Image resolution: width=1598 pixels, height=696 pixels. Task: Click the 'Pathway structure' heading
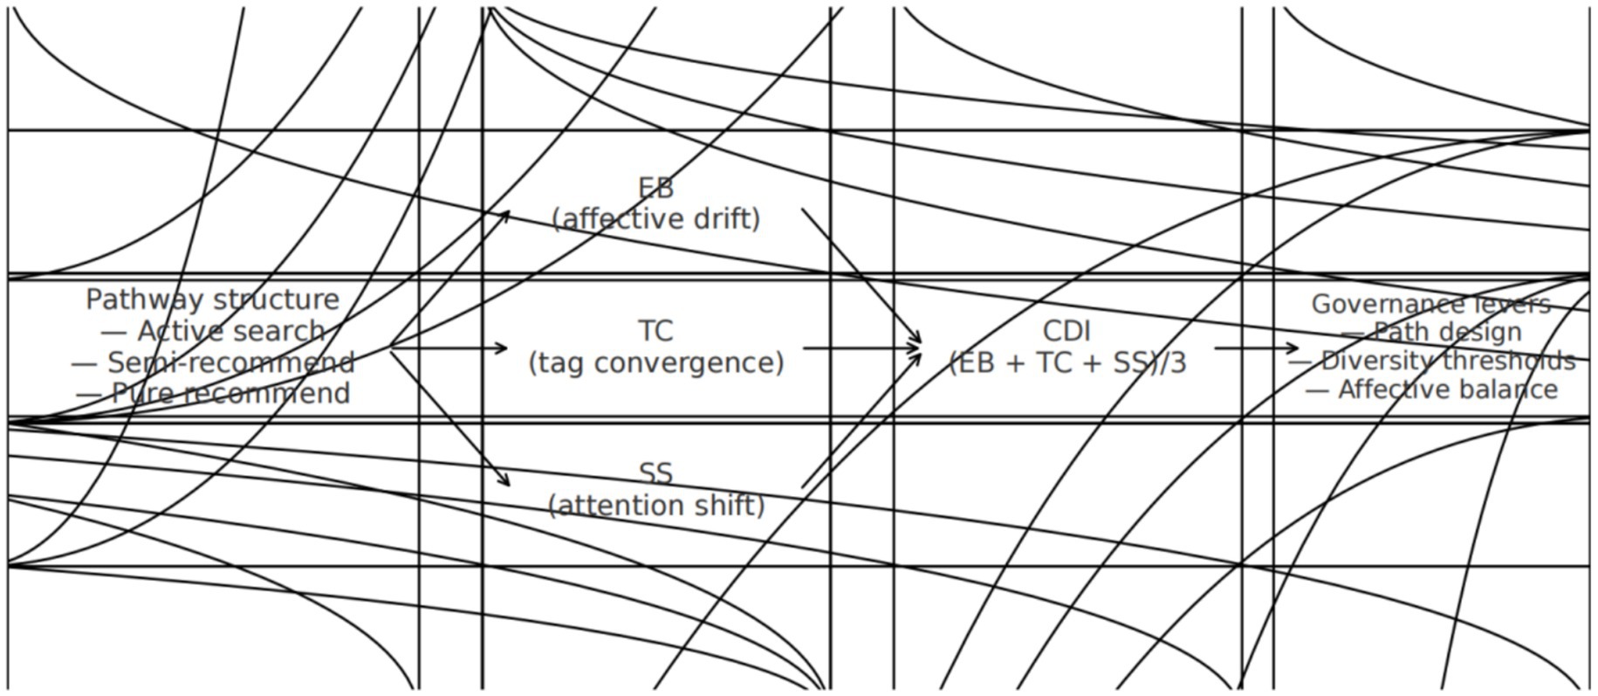pyautogui.click(x=212, y=300)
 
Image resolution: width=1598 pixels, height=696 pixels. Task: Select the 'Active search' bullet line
pyautogui.click(x=213, y=331)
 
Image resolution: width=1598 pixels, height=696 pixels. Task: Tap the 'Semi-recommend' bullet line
pyautogui.click(x=213, y=362)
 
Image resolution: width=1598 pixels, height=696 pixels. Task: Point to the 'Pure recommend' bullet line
pyautogui.click(x=213, y=393)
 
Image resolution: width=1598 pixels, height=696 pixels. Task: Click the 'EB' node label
pyautogui.click(x=655, y=188)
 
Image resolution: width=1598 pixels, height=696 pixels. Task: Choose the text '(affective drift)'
pyautogui.click(x=655, y=218)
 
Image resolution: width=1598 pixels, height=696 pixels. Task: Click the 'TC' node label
pyautogui.click(x=655, y=331)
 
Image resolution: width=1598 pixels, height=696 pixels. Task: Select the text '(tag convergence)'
pyautogui.click(x=655, y=362)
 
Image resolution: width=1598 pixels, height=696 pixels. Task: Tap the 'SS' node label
pyautogui.click(x=655, y=473)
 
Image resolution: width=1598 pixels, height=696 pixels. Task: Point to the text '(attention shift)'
pyautogui.click(x=655, y=505)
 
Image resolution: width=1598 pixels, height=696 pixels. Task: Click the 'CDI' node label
pyautogui.click(x=1066, y=331)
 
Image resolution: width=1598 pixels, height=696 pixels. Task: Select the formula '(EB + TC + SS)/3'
pyautogui.click(x=1066, y=362)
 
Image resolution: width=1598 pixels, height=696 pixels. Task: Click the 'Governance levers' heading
pyautogui.click(x=1430, y=304)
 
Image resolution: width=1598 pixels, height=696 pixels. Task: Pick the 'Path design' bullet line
pyautogui.click(x=1430, y=332)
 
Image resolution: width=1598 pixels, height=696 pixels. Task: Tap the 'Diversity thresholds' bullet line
pyautogui.click(x=1430, y=361)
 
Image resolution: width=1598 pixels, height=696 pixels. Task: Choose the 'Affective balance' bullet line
pyautogui.click(x=1430, y=389)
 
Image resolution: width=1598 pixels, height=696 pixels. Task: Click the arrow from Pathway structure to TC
pyautogui.click(x=449, y=348)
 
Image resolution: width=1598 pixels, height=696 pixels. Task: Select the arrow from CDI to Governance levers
pyautogui.click(x=1256, y=348)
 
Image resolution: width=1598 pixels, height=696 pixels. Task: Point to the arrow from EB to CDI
pyautogui.click(x=861, y=276)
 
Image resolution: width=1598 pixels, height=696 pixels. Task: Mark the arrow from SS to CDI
pyautogui.click(x=861, y=417)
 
